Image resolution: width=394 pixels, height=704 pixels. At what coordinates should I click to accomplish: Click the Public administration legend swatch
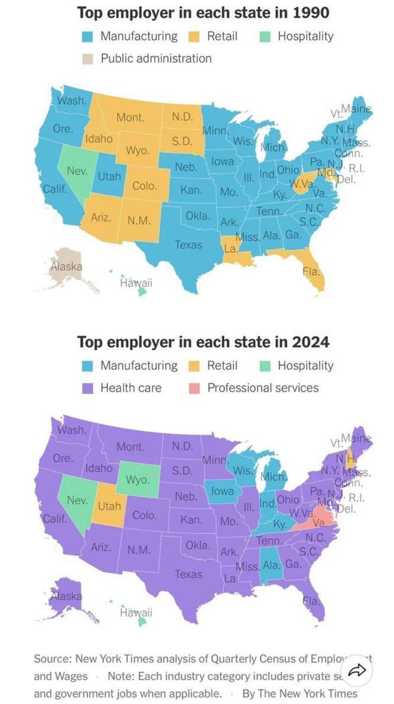coord(87,59)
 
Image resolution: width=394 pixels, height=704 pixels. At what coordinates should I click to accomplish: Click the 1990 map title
coord(203,12)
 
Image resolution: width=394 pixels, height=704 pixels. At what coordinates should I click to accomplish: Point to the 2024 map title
coord(203,341)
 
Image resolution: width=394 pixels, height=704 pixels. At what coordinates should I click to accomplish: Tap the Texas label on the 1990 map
coord(188,245)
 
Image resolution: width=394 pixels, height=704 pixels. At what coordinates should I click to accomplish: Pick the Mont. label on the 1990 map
coord(130,117)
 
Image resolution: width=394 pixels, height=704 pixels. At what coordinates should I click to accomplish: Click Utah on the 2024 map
coord(109,506)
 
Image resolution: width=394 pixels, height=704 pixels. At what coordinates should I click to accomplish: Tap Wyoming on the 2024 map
coord(137,479)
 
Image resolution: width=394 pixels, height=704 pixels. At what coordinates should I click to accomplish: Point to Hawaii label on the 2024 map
coord(136,613)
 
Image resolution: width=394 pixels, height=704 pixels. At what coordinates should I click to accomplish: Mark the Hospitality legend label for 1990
coord(305,36)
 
